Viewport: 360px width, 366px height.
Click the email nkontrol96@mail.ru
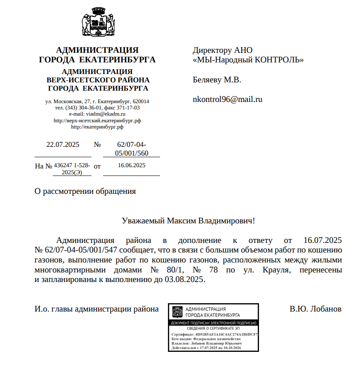click(227, 99)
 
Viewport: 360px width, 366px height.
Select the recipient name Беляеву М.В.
click(217, 79)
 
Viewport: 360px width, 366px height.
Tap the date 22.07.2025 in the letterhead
click(62, 145)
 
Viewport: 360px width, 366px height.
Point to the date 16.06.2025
click(131, 165)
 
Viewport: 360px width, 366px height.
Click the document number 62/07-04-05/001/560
click(131, 149)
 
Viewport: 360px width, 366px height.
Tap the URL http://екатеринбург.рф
click(97, 127)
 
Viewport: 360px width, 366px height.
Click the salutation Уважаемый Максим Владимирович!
click(188, 220)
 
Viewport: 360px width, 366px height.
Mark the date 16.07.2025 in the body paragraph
click(323, 240)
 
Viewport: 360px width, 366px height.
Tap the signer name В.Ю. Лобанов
click(316, 309)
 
